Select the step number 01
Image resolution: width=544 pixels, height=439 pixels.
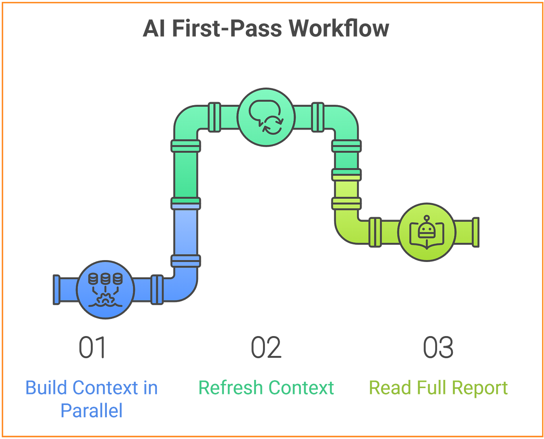tap(92, 347)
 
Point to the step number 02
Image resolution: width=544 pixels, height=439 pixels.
tap(266, 347)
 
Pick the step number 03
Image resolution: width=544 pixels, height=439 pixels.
tap(438, 347)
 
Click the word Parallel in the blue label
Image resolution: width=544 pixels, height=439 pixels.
tap(91, 410)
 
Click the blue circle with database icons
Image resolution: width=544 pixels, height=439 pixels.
tap(105, 290)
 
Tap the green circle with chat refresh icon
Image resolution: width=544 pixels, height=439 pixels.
tap(266, 117)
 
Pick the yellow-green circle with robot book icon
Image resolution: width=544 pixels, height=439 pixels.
tap(427, 232)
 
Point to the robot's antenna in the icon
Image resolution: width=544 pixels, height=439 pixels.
tap(427, 218)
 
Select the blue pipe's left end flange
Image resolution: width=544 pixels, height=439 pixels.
tap(57, 290)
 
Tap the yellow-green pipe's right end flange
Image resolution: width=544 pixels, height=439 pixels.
tap(476, 232)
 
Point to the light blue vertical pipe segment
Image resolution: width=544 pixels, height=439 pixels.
tap(186, 232)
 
